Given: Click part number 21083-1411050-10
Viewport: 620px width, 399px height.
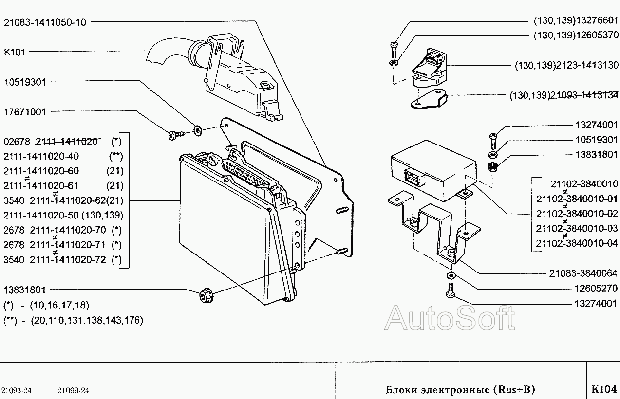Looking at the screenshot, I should [x=44, y=22].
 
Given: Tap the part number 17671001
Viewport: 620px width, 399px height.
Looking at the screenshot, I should [x=25, y=112].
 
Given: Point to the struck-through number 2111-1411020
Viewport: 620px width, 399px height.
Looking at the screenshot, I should [x=67, y=142].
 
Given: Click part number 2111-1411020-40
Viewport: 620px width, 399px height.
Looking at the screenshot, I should [x=41, y=156].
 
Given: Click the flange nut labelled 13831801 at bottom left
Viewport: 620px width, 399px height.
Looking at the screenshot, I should [x=204, y=295].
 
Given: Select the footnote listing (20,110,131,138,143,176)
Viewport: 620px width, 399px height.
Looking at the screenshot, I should [x=86, y=320].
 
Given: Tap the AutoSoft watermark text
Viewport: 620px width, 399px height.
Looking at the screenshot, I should [x=450, y=318].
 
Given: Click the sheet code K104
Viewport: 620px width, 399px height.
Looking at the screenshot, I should [x=604, y=389].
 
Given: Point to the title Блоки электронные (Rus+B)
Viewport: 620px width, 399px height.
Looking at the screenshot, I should [x=460, y=389].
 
